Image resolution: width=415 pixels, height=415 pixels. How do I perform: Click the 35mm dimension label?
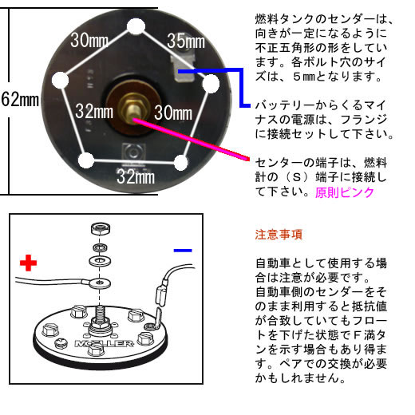coord(186,41)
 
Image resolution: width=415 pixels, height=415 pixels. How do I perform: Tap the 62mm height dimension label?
coord(20,99)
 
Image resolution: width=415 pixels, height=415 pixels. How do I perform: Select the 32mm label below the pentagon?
coord(136,176)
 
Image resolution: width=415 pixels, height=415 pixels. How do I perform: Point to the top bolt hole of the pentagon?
coord(136,26)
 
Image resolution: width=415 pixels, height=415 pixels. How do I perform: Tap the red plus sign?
coord(28,263)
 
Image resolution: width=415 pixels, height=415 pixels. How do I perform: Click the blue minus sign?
coord(183,251)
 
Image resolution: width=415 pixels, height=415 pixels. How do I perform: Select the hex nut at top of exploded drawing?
coord(101,228)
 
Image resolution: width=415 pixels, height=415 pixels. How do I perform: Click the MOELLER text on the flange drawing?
coord(104,343)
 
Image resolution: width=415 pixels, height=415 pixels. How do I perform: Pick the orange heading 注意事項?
coord(279,235)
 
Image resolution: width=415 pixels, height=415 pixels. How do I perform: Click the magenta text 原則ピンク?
coord(345,192)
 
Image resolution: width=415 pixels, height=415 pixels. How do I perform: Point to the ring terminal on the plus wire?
coord(100,283)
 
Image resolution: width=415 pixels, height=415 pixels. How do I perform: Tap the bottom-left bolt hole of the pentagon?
coord(86,160)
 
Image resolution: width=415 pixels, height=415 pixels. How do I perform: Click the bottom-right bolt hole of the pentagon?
coord(181,163)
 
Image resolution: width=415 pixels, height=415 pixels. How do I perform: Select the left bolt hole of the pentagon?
coord(60,80)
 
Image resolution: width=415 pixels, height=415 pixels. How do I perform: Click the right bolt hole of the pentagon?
coord(211,84)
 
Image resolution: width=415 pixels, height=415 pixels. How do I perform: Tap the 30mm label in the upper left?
coord(89,40)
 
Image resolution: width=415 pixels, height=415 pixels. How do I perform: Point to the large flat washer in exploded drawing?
coord(101,260)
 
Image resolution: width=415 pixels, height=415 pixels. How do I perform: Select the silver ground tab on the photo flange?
coord(183,69)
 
